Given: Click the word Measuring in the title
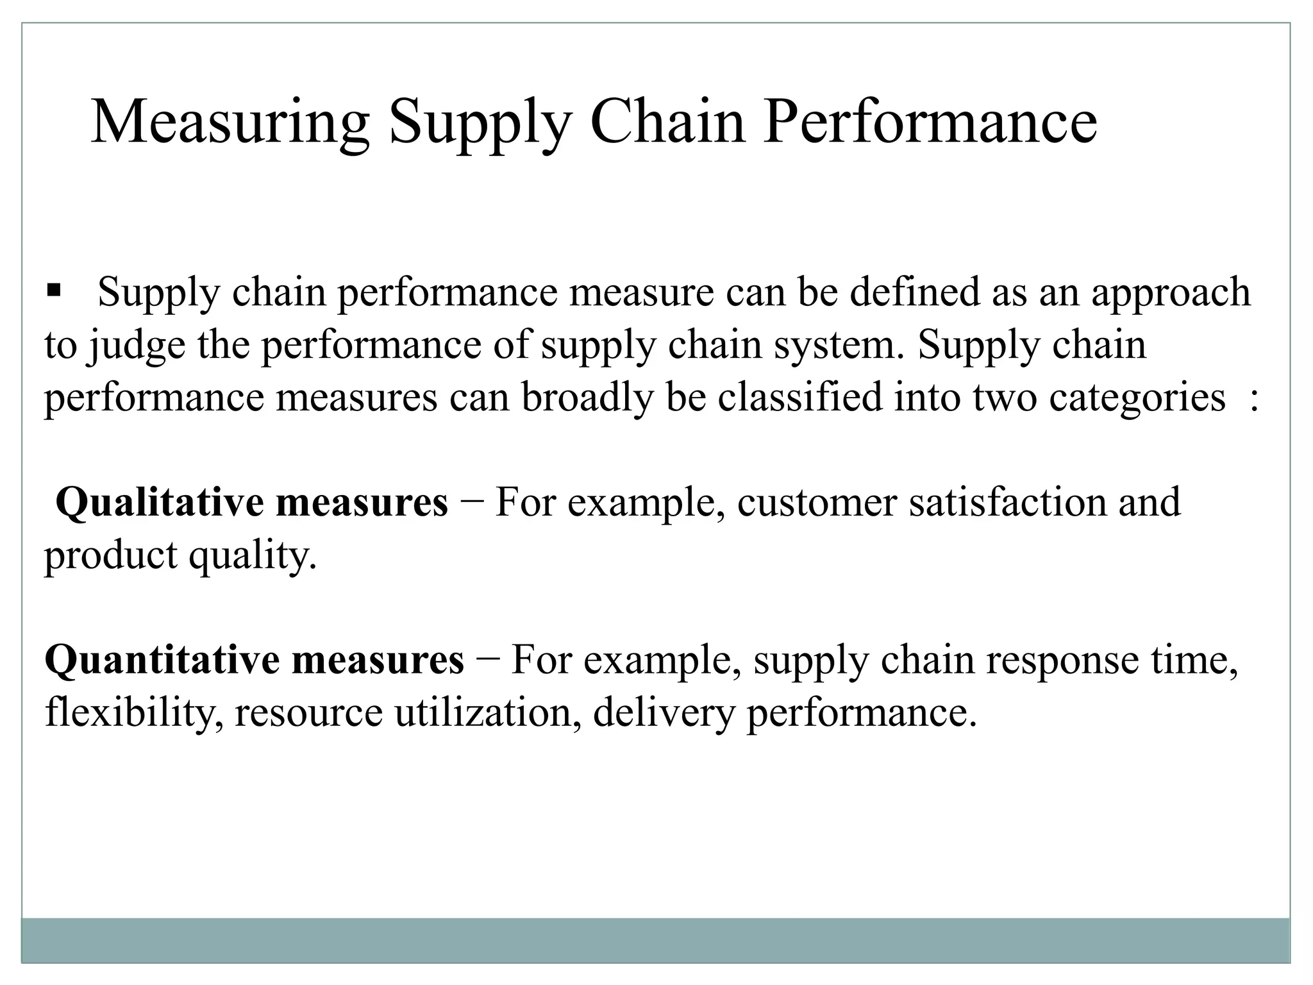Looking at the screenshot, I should coord(231,123).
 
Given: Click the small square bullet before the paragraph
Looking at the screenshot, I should coord(53,290).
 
